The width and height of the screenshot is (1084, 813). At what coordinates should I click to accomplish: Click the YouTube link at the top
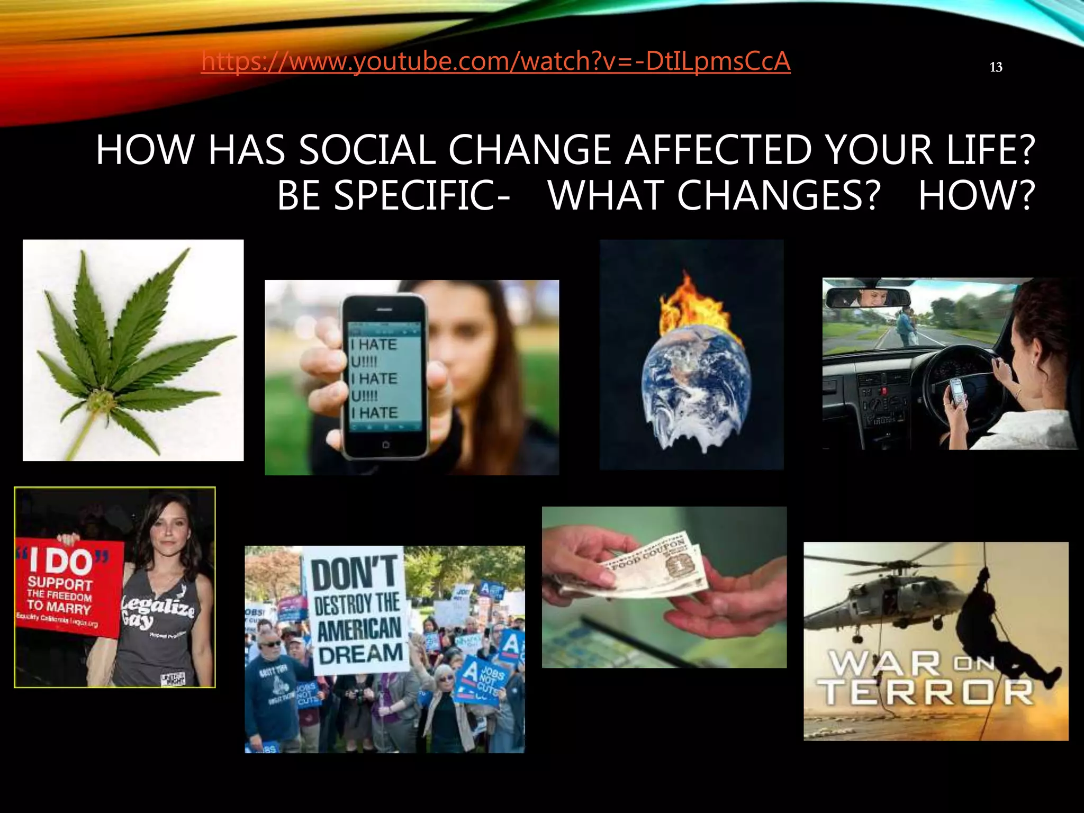(x=495, y=61)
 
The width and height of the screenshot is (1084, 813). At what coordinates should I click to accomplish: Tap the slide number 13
(x=996, y=67)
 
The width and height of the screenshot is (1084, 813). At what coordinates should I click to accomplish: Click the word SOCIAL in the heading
(x=367, y=150)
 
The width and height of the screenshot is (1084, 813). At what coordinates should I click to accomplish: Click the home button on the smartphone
(x=385, y=445)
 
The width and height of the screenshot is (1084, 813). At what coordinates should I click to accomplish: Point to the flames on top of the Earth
(x=688, y=307)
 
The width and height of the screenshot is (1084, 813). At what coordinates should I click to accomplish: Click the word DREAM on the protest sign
(x=360, y=653)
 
